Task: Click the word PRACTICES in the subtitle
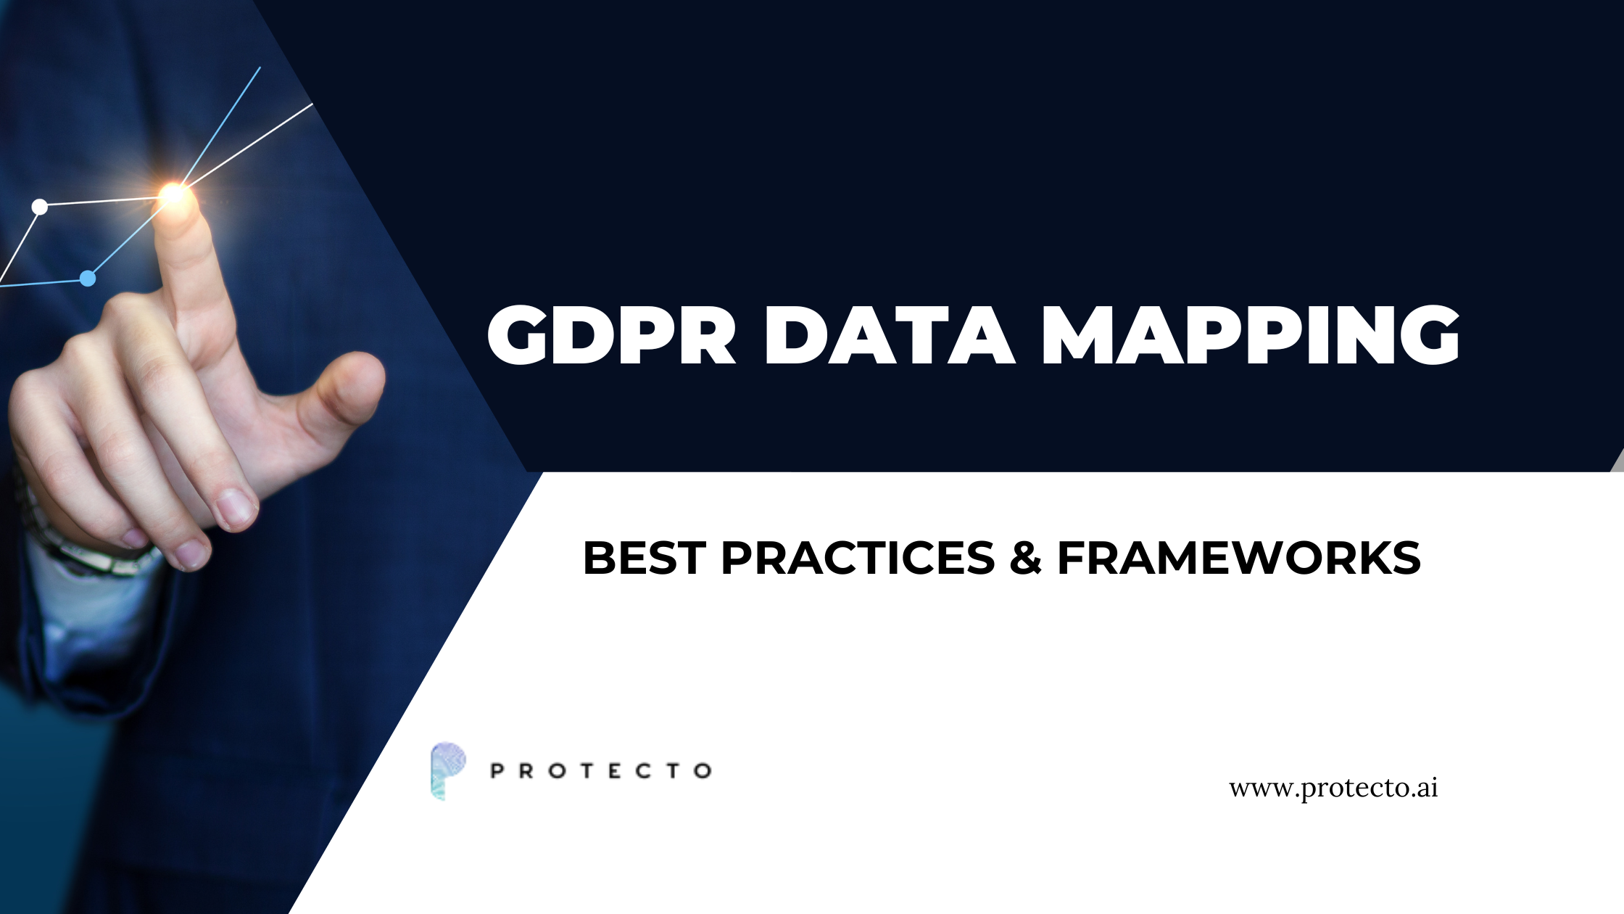[x=858, y=558]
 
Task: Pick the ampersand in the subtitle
[x=1025, y=558]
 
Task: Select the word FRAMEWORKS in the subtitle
[x=1238, y=558]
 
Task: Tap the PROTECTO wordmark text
[x=601, y=770]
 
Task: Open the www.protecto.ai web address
[x=1333, y=788]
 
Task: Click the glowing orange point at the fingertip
[x=174, y=194]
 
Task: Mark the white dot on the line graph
[x=40, y=207]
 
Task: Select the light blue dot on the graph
[x=88, y=279]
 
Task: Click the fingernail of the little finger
[x=190, y=553]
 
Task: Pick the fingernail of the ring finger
[x=236, y=506]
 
